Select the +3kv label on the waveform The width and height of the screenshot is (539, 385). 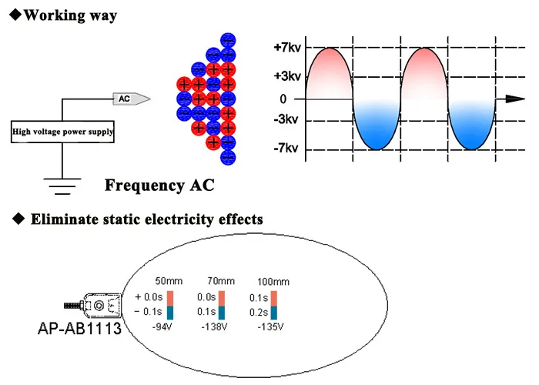point(286,77)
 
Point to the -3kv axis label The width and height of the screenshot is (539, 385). point(286,120)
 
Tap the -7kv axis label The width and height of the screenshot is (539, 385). point(286,148)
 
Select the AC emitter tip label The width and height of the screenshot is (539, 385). point(126,99)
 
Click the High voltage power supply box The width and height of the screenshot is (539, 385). point(62,132)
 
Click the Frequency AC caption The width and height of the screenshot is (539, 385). point(159,186)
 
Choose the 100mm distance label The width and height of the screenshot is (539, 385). point(273,281)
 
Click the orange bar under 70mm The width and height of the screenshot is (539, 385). point(223,297)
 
